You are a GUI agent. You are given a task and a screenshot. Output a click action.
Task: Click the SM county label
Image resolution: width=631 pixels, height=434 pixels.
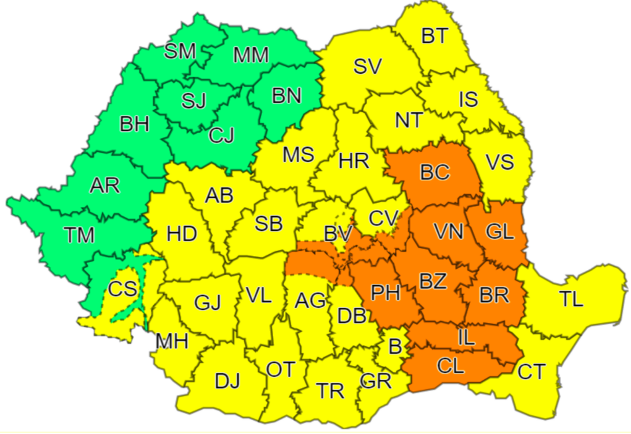180,51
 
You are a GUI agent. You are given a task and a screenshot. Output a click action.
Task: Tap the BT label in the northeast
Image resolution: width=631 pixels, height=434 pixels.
434,36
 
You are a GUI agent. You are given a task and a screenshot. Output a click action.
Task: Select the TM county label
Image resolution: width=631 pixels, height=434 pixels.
80,235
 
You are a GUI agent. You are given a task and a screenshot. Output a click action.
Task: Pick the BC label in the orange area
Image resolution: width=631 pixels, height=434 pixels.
435,172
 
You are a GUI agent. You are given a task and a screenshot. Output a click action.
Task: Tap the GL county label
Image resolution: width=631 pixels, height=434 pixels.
500,232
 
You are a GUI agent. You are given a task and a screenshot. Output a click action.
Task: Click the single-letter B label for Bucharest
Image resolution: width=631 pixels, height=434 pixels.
396,345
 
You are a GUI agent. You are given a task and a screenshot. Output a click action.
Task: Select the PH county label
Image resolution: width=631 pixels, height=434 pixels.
384,293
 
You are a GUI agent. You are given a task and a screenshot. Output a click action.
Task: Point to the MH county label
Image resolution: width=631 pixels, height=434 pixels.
172,342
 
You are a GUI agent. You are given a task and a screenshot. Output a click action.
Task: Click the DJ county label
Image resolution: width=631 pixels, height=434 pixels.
228,381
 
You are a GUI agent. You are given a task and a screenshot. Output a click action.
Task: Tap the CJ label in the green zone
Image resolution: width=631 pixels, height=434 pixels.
221,134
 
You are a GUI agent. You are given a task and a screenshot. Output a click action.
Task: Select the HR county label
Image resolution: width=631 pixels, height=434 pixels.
354,161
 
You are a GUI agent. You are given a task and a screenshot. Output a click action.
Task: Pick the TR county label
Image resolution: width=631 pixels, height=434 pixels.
331,391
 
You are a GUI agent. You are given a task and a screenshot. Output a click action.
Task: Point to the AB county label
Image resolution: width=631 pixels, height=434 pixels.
220,196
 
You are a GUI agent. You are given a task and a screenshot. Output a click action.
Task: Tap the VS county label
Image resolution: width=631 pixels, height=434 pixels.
500,162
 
